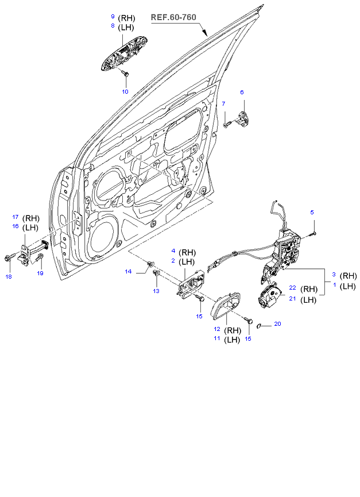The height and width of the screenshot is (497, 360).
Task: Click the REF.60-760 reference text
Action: (173, 17)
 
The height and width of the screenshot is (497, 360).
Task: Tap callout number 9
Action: (113, 18)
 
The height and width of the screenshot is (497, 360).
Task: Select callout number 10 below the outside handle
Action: (125, 91)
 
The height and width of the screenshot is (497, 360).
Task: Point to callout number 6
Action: (242, 92)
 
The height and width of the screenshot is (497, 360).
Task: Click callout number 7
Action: (224, 103)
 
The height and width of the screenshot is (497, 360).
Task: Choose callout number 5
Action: (312, 213)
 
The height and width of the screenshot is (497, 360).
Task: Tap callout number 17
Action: (16, 217)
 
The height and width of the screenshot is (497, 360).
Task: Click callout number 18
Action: (8, 277)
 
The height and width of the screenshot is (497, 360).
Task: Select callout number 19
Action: (40, 273)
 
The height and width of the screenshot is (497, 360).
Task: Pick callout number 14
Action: (129, 271)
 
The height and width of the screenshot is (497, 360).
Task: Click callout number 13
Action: (156, 292)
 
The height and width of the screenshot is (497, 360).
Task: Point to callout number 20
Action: (277, 324)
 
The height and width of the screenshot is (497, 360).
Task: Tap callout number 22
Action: (292, 288)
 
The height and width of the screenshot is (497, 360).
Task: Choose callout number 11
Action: (218, 339)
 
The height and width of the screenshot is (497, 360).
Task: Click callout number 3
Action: (334, 275)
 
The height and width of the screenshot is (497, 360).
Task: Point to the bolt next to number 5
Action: (315, 233)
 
